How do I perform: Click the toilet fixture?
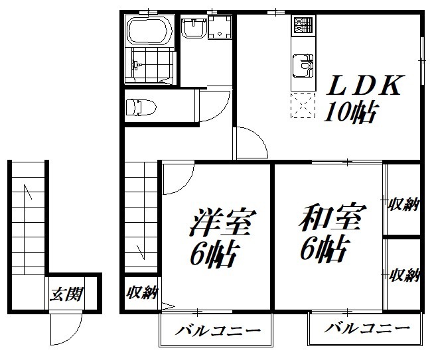click(x=141, y=105)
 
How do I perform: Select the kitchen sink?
click(x=302, y=66)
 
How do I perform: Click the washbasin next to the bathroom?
click(x=193, y=29)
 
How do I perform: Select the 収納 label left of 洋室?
click(x=141, y=292)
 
